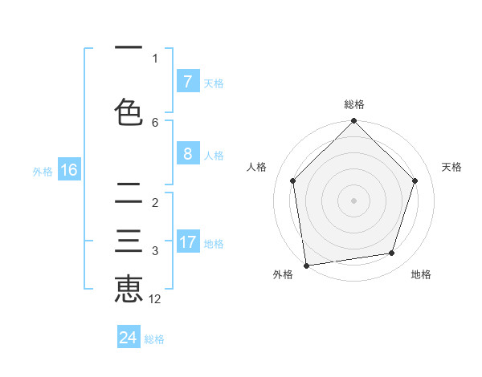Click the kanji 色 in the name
129,112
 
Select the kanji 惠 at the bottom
129,289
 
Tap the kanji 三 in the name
129,241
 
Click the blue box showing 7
187,82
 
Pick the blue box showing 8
187,154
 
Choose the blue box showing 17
187,242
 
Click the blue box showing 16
68,170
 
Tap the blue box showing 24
129,338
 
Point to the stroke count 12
156,299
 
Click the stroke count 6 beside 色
155,123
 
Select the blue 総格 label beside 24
154,339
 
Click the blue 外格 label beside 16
42,171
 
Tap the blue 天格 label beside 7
214,83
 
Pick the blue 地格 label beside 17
214,244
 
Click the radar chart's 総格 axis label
354,104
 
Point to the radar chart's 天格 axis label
452,167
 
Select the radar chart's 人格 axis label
257,167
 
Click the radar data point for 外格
306,265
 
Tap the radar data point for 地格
392,253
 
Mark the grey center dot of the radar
354,200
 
